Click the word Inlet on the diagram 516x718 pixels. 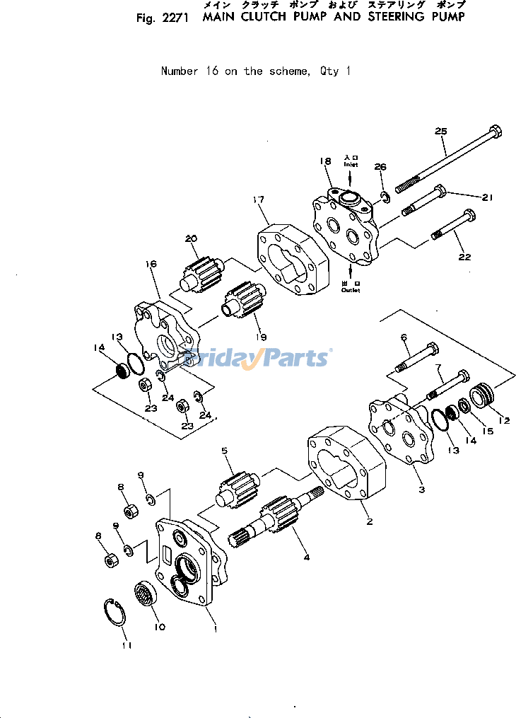(351, 164)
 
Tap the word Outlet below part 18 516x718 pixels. (351, 290)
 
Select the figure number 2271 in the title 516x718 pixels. (175, 18)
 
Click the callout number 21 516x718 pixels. (486, 198)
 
